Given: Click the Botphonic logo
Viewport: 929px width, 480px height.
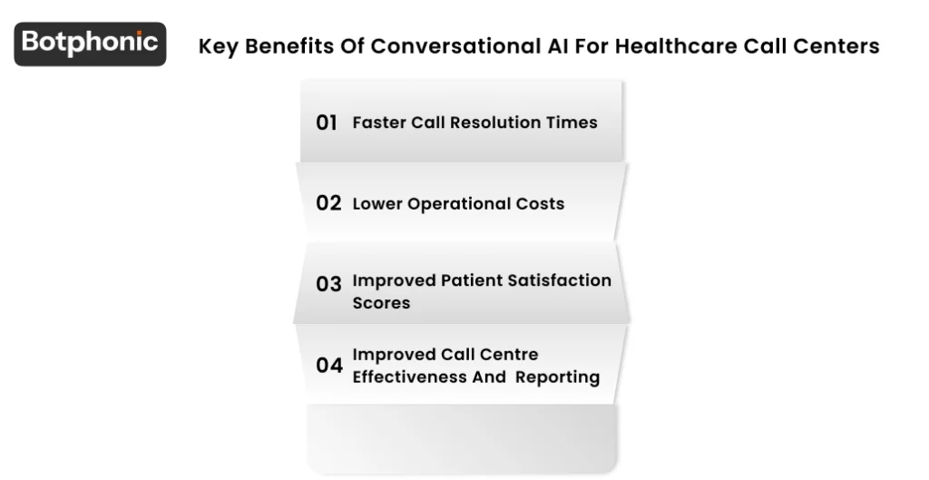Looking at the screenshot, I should [x=90, y=44].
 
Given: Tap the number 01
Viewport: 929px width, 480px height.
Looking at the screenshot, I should [x=327, y=122].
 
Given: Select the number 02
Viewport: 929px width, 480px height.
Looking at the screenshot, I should [x=328, y=203].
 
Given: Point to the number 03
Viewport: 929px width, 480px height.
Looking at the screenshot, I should [x=328, y=284].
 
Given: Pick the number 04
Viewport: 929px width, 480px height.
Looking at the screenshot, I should [x=328, y=365].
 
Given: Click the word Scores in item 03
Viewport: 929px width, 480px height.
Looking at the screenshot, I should [x=381, y=303].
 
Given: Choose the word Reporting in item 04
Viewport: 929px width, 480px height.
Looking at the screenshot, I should [x=557, y=377].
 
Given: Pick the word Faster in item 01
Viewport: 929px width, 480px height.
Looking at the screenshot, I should [x=379, y=122].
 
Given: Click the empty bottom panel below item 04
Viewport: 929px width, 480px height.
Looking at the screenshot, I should [x=463, y=437].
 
